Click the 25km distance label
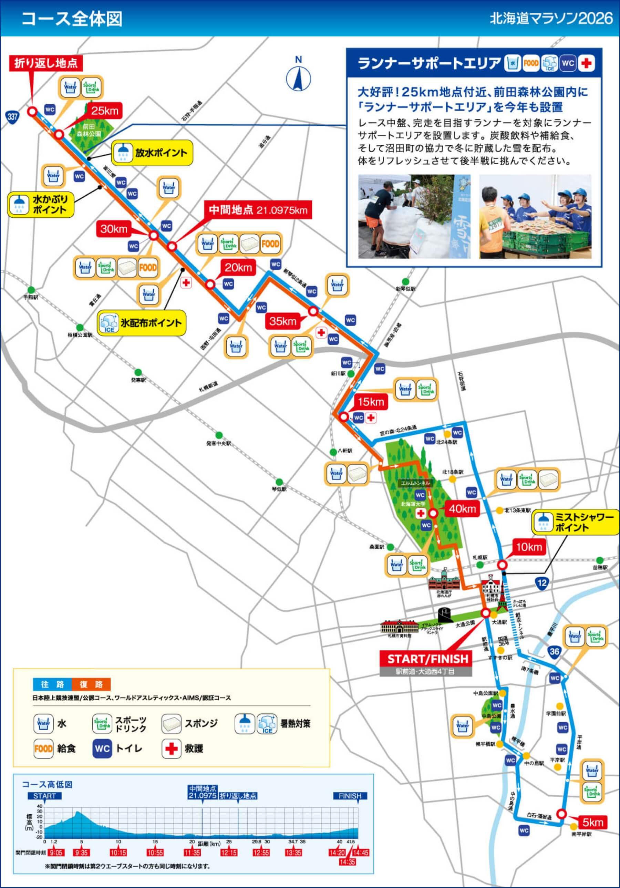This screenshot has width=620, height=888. pos(104,111)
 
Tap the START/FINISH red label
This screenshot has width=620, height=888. pos(428,659)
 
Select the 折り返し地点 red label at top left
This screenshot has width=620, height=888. pos(46,63)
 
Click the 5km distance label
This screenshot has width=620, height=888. pos(592,822)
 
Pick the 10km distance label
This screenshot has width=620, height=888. pos(529,547)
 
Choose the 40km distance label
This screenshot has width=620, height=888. pos(462,509)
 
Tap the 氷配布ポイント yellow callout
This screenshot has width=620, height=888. pos(142,323)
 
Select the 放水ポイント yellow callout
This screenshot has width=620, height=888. pos(152,153)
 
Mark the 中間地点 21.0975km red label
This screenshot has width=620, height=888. pos(258,210)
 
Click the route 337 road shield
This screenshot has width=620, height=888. pos(12,116)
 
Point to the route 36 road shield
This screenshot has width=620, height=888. pos(554,651)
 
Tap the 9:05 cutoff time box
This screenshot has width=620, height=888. pos(56,852)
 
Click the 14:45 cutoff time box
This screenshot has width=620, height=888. pos(361,852)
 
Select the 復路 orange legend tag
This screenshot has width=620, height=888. pos(91,684)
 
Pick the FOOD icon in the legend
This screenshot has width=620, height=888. pos(43,748)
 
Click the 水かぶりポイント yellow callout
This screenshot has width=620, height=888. pos(41,205)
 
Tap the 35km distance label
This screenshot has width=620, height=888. pos(283,321)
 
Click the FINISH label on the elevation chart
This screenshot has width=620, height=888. pos(350,796)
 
